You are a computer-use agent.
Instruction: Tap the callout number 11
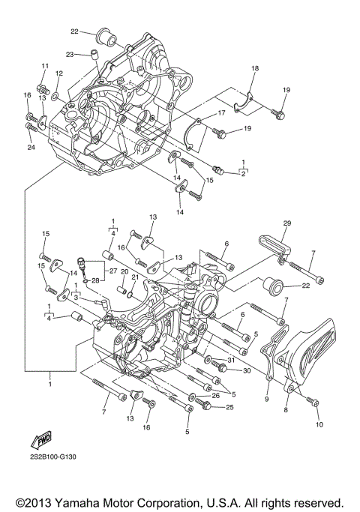click(x=44, y=66)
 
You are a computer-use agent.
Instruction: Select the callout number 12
click(x=59, y=73)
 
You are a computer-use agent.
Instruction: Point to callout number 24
click(x=30, y=147)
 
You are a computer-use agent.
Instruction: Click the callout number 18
click(x=254, y=68)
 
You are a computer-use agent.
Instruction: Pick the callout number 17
click(x=221, y=113)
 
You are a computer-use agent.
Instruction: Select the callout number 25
click(x=229, y=407)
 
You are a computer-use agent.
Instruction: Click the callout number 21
click(x=136, y=277)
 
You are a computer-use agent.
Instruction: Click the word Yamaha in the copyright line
click(x=95, y=502)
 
